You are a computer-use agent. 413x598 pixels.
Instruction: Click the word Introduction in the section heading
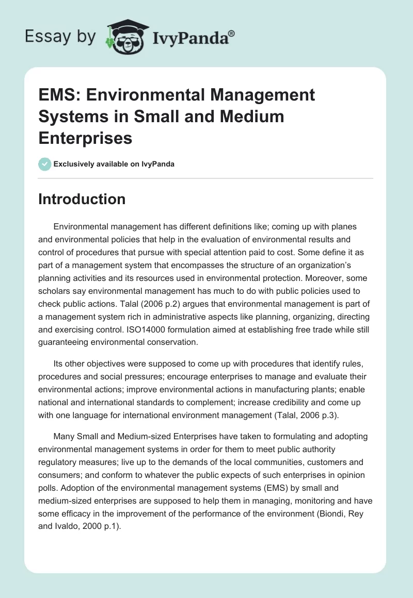pyautogui.click(x=82, y=199)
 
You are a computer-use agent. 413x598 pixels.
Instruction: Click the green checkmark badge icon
pyautogui.click(x=44, y=164)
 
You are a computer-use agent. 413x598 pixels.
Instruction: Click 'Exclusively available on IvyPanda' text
pyautogui.click(x=114, y=164)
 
